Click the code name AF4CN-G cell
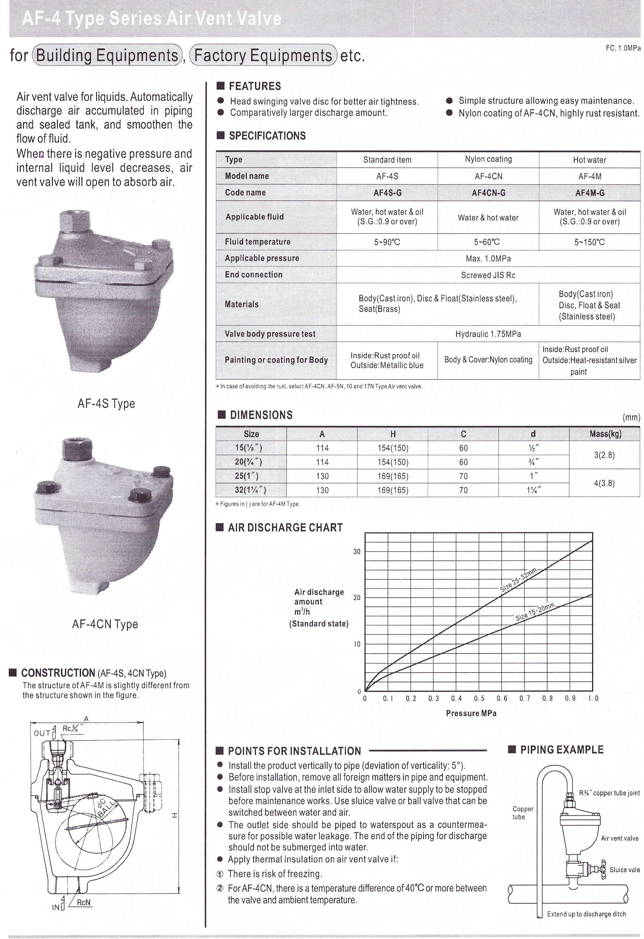(488, 193)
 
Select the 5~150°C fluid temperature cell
(589, 242)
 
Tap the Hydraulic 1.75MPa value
(488, 334)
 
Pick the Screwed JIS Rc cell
(488, 275)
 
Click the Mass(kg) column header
(605, 434)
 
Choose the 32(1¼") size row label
(251, 490)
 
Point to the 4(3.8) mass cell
(604, 483)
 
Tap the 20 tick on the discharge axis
(357, 598)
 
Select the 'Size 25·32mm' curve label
(518, 579)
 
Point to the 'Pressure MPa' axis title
(471, 714)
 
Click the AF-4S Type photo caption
(106, 403)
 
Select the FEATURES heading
(255, 86)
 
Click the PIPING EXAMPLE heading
(561, 750)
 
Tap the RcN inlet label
(83, 903)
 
